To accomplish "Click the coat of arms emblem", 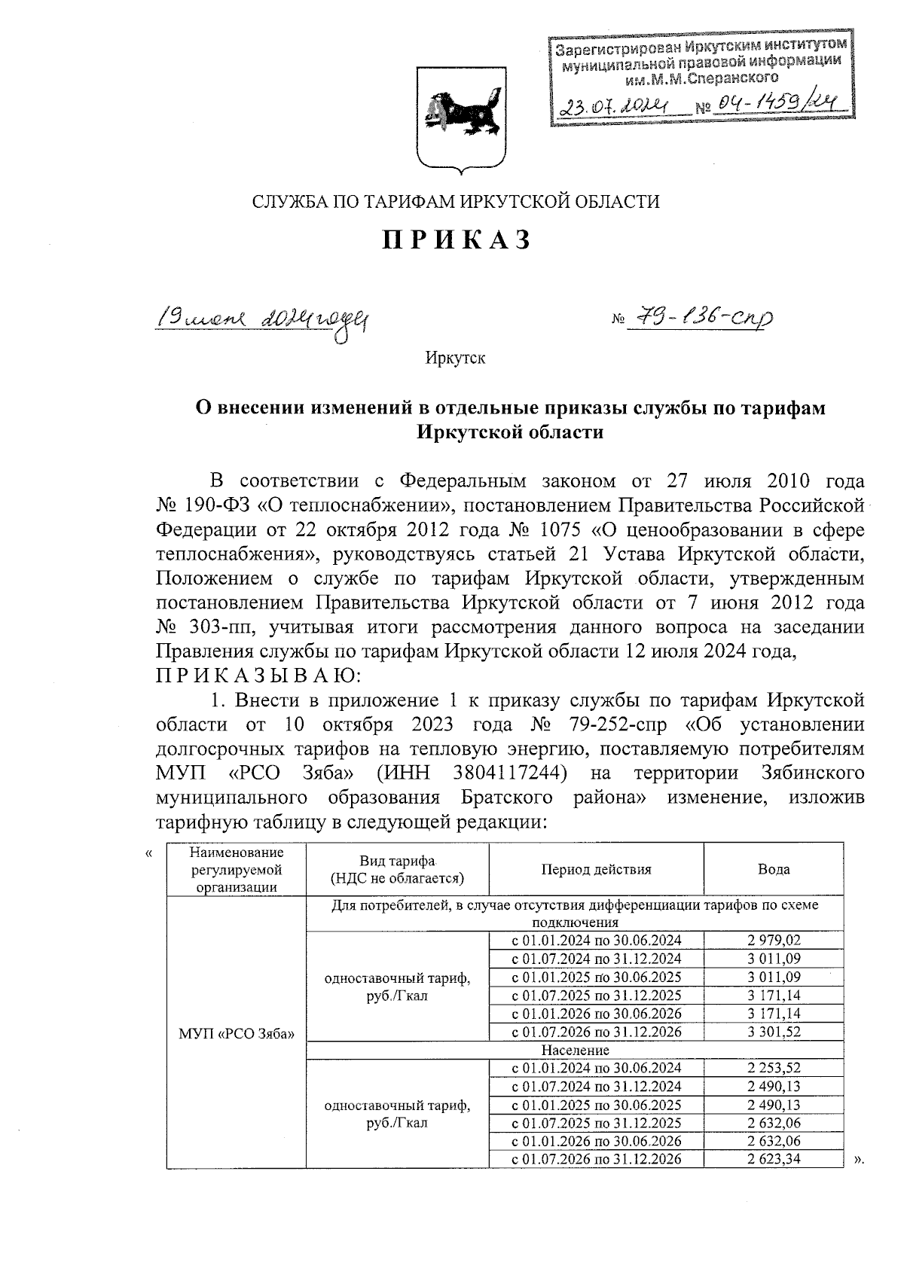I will coord(461,119).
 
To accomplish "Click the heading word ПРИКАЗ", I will coord(456,240).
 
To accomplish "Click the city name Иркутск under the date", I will coord(455,358).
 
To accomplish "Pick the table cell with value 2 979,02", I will coord(774,940).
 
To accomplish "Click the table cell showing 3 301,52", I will coord(774,1032).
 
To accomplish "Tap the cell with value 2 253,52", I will coord(774,1068).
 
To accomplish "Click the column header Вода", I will coord(774,869).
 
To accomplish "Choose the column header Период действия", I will coord(595,869).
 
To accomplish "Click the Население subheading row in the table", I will coord(575,1050).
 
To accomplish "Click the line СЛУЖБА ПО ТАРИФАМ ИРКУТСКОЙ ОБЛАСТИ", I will coord(455,202).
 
